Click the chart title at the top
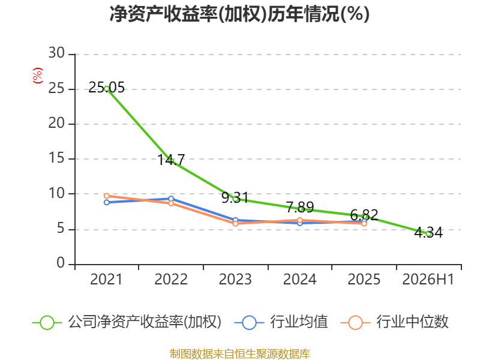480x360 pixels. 239,14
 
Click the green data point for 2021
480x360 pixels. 107,89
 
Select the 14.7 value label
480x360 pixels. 171,160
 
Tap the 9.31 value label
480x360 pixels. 235,197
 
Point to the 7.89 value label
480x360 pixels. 300,207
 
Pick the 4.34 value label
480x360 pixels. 428,233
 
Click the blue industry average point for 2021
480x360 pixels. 107,202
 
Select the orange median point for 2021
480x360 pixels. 107,196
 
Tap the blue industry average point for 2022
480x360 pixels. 171,199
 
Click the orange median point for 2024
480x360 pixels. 299,220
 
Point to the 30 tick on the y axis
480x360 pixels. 56,53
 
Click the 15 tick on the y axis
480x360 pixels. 56,158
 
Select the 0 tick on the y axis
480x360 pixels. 61,263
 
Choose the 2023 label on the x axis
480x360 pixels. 235,279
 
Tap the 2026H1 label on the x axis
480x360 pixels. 428,279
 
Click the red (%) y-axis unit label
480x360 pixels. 38,76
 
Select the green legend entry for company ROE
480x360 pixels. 127,322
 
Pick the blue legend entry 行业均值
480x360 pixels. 281,322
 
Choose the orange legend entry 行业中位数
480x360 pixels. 394,322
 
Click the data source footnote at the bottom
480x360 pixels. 240,354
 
